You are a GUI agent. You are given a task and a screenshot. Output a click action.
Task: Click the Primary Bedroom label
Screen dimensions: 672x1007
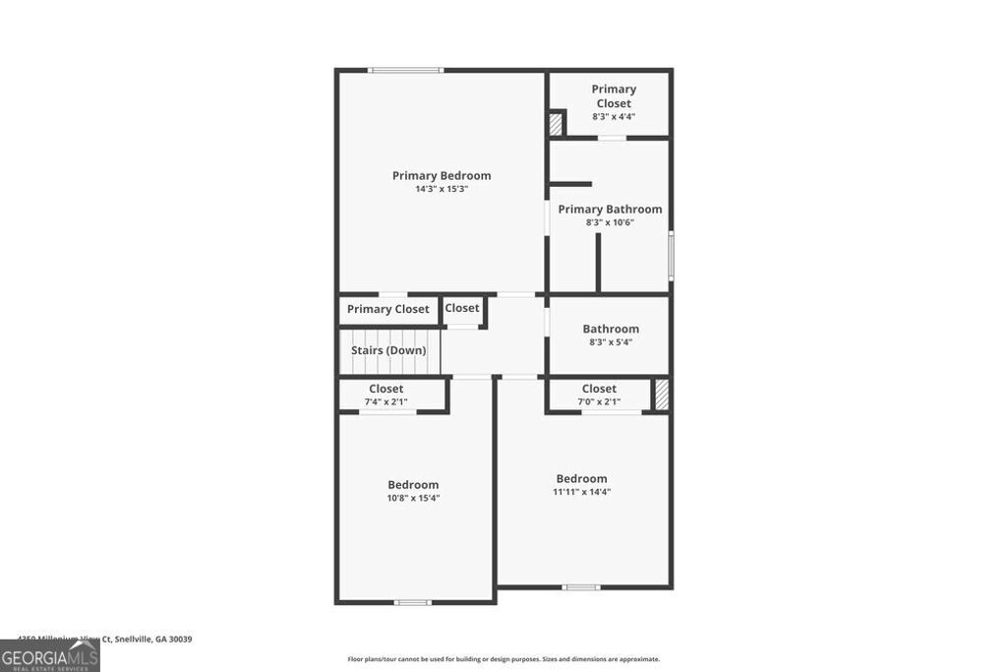pyautogui.click(x=442, y=176)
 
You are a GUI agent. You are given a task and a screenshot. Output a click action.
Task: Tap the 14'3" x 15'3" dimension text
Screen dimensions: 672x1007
pyautogui.click(x=442, y=189)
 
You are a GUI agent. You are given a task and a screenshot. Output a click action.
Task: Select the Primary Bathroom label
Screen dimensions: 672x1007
pyautogui.click(x=610, y=210)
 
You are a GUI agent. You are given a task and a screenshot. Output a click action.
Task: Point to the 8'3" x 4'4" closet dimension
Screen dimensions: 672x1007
pyautogui.click(x=614, y=116)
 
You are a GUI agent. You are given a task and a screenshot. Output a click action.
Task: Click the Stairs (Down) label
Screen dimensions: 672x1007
pyautogui.click(x=388, y=350)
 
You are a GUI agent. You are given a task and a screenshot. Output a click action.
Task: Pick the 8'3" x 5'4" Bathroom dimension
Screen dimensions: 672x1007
pyautogui.click(x=610, y=342)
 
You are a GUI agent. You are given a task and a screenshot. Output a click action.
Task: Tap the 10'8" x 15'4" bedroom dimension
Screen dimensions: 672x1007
pyautogui.click(x=413, y=498)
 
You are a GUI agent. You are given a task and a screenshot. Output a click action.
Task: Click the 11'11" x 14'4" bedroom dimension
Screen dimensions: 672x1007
pyautogui.click(x=581, y=492)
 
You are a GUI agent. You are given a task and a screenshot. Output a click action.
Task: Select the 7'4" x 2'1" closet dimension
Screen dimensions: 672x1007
pyautogui.click(x=386, y=401)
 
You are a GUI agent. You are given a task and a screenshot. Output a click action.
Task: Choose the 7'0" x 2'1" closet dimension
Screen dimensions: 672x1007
pyautogui.click(x=599, y=401)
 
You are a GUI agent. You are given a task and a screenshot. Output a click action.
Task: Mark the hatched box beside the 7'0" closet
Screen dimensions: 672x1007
pyautogui.click(x=662, y=395)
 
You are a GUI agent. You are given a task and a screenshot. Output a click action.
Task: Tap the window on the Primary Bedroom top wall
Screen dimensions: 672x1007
pyautogui.click(x=405, y=70)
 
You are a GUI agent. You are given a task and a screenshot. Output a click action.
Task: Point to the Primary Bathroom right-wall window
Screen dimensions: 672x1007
pyautogui.click(x=672, y=256)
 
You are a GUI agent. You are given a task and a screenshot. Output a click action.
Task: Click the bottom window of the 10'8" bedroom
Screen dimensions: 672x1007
pyautogui.click(x=413, y=602)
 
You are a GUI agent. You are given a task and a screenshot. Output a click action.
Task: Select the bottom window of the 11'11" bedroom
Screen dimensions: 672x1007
pyautogui.click(x=581, y=587)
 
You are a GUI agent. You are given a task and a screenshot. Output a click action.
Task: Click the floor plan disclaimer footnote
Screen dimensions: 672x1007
pyautogui.click(x=503, y=659)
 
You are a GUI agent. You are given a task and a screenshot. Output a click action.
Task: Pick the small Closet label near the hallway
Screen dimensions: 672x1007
pyautogui.click(x=462, y=308)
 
